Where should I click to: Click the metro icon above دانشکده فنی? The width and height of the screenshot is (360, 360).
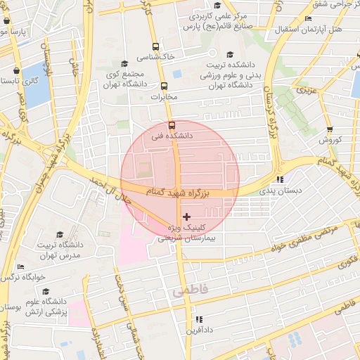point(172,126)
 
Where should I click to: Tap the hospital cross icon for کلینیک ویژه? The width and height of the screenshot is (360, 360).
point(186,216)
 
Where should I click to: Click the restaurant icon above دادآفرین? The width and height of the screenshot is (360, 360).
point(199,319)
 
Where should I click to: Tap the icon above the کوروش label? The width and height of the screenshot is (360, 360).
point(330,129)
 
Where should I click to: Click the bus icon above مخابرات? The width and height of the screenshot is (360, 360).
point(165,86)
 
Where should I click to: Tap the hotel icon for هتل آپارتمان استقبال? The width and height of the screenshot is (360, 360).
point(308,19)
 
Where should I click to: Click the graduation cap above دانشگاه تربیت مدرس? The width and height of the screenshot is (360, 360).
point(59,234)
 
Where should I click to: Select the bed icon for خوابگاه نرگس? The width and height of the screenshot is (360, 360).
point(20,267)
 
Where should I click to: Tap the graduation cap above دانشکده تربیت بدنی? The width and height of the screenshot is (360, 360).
point(229,54)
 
